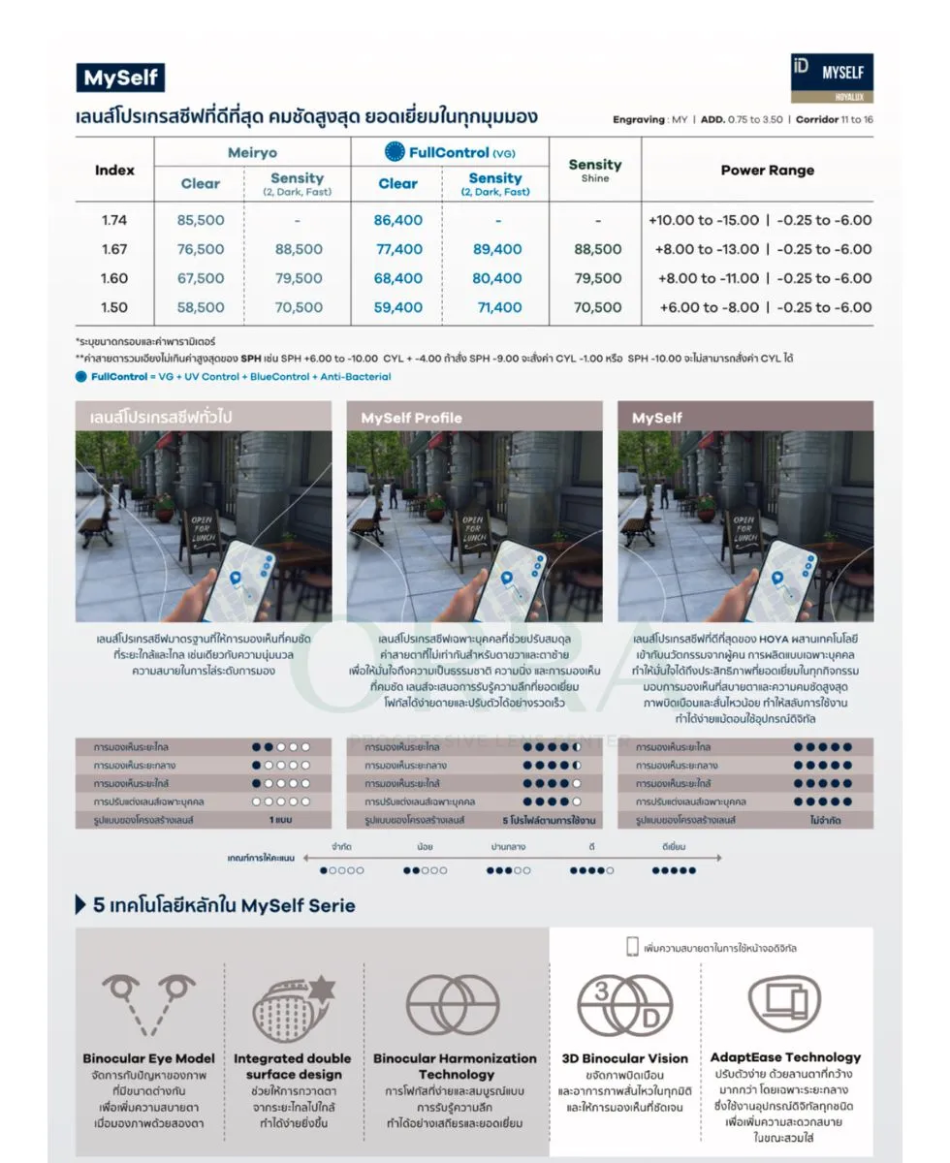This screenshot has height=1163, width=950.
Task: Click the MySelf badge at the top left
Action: coord(120,78)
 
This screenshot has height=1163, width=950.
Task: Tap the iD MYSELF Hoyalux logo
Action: coord(832,78)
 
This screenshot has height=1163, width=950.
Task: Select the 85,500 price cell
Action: coord(201,220)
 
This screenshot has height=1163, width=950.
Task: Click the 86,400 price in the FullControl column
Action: coord(398,220)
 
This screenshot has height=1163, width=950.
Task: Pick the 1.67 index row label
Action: coord(114,249)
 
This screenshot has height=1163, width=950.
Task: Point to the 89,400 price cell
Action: coord(497,249)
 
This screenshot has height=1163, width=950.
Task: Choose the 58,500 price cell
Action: coord(201,307)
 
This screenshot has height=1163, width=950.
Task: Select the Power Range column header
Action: coord(767,170)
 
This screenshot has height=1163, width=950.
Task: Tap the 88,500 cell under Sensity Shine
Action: coord(597,249)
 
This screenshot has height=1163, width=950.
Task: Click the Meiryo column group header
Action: coord(252,152)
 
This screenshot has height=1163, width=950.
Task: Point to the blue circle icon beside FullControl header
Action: coord(395,151)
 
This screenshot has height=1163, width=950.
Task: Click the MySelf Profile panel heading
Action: coord(411,418)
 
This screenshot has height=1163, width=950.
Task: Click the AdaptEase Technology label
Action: coord(785,1056)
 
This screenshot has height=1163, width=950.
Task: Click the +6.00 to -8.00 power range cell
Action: coord(708,307)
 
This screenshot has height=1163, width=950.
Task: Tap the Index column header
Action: coord(114,170)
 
